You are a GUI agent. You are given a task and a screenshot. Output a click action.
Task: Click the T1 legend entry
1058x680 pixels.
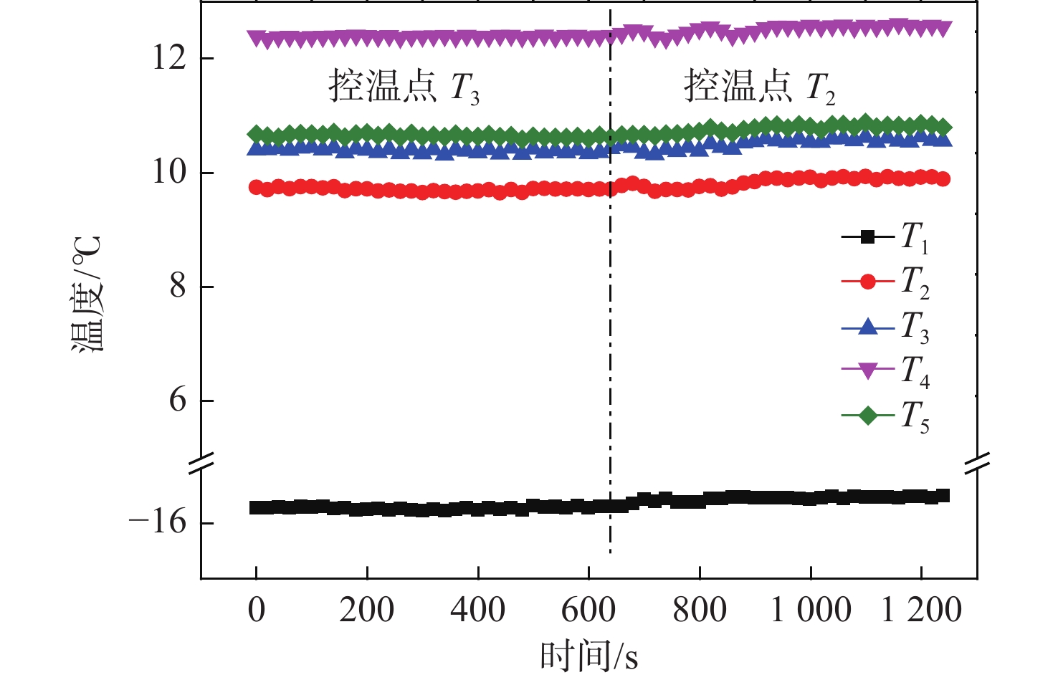tap(886, 237)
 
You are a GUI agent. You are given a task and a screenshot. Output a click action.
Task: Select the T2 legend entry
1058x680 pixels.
tap(886, 282)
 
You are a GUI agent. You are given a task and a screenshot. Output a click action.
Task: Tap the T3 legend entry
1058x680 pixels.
tap(886, 327)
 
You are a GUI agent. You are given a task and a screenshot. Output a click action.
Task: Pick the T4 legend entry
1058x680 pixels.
tap(886, 371)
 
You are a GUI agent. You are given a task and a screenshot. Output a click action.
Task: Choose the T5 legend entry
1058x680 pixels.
tap(886, 416)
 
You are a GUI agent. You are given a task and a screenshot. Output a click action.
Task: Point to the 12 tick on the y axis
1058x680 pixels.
tap(169, 58)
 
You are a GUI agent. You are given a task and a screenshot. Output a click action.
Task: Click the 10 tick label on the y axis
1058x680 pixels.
tap(169, 172)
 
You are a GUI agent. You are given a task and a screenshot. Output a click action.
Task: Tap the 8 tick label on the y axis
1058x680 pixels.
tap(178, 286)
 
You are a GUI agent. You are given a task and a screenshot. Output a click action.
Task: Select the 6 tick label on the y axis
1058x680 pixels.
tap(178, 400)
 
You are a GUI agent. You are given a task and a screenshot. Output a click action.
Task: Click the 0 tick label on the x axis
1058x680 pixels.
tap(256, 610)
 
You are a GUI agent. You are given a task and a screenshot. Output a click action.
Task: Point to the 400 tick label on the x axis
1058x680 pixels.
tap(477, 610)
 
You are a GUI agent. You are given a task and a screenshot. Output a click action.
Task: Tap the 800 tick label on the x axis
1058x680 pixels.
tap(699, 610)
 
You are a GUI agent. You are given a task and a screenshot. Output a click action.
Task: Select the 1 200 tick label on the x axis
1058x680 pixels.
tap(921, 610)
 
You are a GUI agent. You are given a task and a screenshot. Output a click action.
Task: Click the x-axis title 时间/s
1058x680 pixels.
tap(588, 656)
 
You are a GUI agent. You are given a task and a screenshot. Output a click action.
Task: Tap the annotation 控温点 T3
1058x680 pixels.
tap(404, 87)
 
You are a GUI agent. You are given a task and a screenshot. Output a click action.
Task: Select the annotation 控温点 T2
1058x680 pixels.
tap(759, 87)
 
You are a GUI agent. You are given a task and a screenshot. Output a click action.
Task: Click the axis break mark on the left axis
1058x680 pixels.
tap(201, 463)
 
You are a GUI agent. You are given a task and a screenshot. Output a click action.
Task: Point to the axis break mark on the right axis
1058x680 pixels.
tap(977, 463)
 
